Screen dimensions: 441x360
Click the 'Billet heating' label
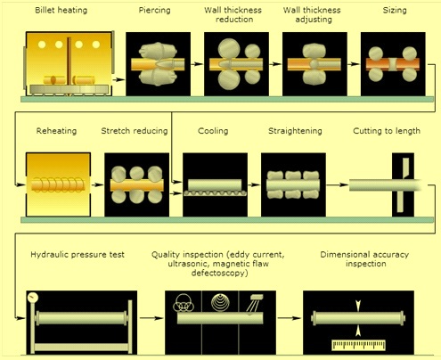coord(61,10)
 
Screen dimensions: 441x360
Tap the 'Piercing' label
coord(154,10)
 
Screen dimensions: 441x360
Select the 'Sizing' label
coord(395,10)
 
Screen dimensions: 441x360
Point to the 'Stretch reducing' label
coord(135,131)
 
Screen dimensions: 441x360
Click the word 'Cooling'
coord(213,131)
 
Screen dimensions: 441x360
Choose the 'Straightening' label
coord(295,131)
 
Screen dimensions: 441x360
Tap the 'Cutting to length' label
coord(387,131)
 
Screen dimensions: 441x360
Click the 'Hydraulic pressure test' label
coord(78,255)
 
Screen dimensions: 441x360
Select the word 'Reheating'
coord(56,131)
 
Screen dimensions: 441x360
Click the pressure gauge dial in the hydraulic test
coord(33,298)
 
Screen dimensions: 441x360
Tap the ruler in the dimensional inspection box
coord(358,345)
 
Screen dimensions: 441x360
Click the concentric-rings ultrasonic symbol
coord(220,302)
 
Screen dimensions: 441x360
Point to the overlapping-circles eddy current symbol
coord(184,303)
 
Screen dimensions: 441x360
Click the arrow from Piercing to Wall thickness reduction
coord(197,64)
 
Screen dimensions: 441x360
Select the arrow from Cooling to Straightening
coord(254,184)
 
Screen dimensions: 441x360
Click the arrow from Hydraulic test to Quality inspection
coord(151,318)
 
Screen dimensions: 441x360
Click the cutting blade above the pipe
coord(405,168)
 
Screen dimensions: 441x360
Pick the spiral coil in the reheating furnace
coord(58,185)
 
